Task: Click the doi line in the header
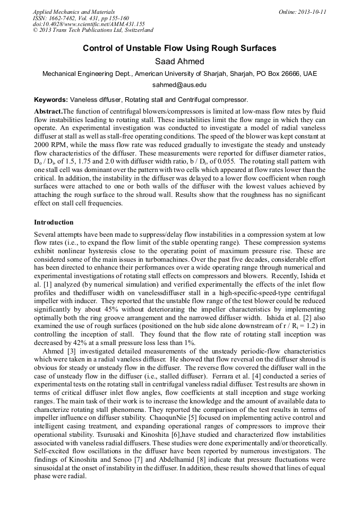89,24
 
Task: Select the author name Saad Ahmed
179,62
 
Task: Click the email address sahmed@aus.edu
179,85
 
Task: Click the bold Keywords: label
51,99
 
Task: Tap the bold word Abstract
48,111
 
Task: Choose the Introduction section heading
54,222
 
